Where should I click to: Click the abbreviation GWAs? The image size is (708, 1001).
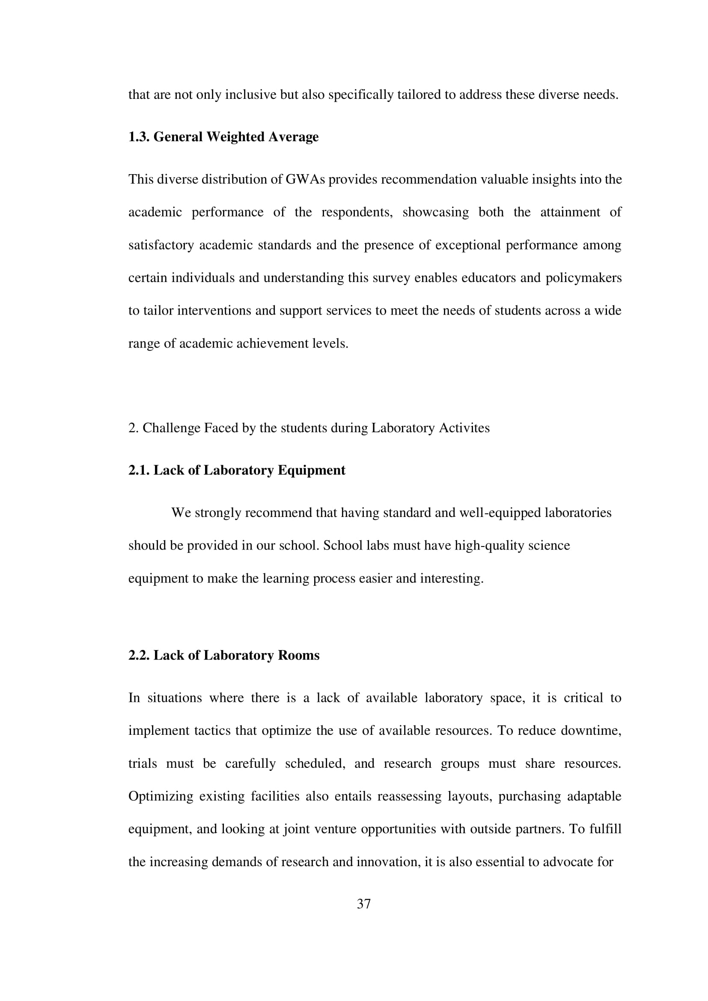pos(305,180)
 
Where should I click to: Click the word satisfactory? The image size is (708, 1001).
pos(161,246)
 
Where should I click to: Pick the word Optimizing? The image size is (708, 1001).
pos(161,796)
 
